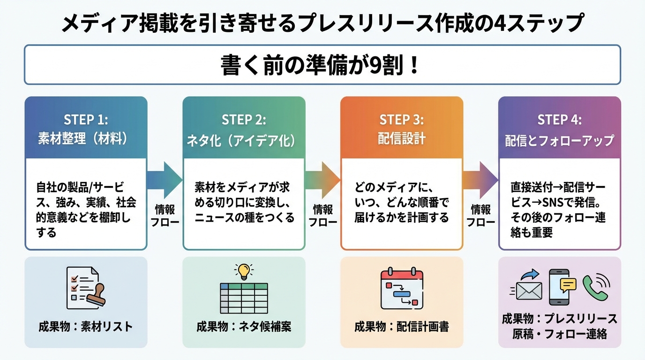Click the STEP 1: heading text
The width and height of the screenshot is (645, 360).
(x=86, y=120)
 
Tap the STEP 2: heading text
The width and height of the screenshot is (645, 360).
(x=244, y=120)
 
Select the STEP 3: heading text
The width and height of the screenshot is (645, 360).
(x=402, y=120)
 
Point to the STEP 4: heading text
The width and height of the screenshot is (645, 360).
(x=560, y=120)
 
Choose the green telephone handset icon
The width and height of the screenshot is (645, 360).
(x=595, y=287)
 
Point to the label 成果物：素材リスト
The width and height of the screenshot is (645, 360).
(x=86, y=326)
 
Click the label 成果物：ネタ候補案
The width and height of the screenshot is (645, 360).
(x=244, y=326)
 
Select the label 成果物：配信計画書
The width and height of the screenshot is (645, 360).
(x=402, y=326)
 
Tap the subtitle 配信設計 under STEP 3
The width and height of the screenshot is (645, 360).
(x=402, y=139)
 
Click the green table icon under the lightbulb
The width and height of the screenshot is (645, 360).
(x=244, y=298)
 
